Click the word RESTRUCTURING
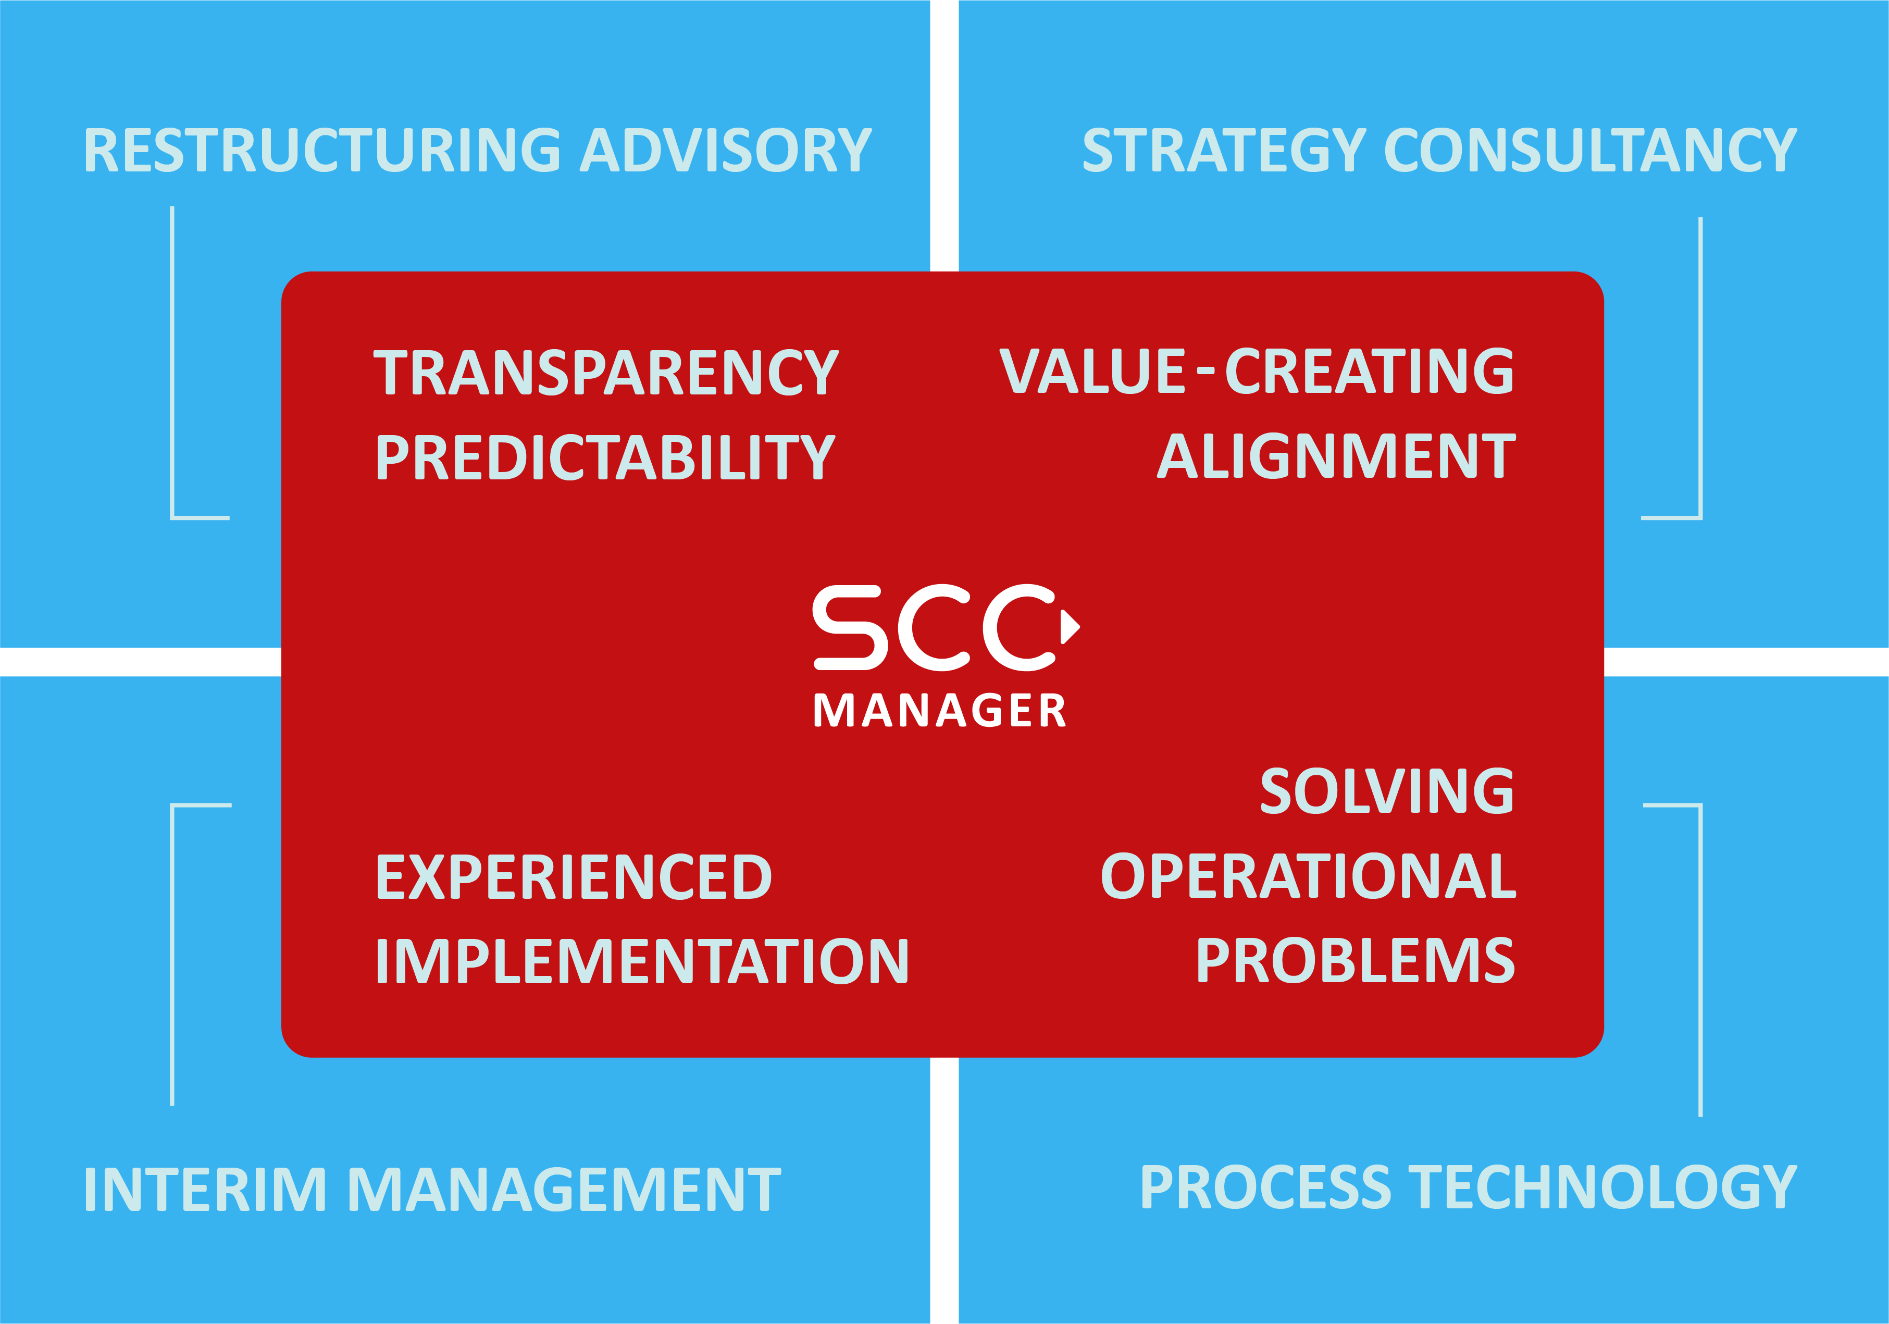[321, 151]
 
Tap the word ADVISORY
[726, 151]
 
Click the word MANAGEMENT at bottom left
[564, 1190]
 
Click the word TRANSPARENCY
[606, 373]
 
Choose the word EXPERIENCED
[574, 877]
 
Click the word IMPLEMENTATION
[642, 962]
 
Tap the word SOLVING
[1386, 791]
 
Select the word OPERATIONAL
[1308, 875]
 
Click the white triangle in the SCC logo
[1068, 626]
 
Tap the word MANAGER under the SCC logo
[940, 710]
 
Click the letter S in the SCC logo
[850, 627]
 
